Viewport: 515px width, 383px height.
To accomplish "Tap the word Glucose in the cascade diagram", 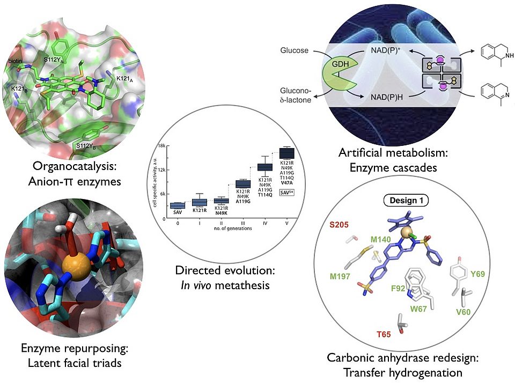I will (x=294, y=51).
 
